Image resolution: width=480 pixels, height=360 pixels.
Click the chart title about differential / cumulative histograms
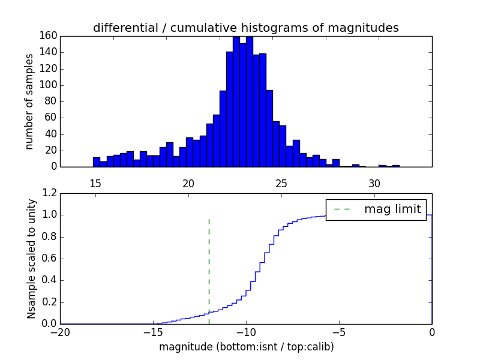pos(246,28)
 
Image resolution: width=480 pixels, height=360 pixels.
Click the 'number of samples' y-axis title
pos(29,101)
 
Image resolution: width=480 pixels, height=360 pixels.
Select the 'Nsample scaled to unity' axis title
pos(31,259)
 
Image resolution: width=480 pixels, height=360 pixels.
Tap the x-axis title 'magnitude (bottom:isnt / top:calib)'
pos(246,347)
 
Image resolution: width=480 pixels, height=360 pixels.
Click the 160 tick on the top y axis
pos(47,35)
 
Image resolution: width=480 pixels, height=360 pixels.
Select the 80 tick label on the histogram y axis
pos(50,101)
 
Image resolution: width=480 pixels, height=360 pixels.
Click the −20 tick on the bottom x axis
pos(60,332)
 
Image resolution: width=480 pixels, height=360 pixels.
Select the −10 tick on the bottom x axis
pos(246,332)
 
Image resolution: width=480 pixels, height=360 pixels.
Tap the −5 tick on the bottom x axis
pos(339,332)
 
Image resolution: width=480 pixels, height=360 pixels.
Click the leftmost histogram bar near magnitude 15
pos(96,162)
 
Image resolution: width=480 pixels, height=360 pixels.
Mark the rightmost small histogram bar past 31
pos(396,166)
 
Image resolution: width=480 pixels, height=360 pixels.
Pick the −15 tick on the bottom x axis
pos(153,332)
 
